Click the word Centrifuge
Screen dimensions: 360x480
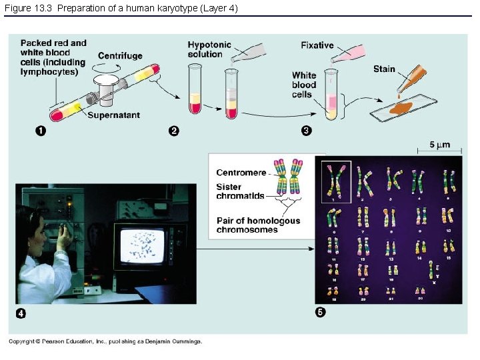120,55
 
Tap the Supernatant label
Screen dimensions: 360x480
113,115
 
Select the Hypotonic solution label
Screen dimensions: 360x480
209,49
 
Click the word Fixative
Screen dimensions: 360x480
317,45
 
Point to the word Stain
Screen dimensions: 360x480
384,69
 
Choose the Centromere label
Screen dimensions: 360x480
241,173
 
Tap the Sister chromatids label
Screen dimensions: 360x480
240,192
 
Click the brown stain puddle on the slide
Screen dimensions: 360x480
402,107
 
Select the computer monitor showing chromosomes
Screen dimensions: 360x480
144,246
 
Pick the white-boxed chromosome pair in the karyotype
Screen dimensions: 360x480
337,181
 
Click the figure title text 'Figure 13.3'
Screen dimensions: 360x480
28,7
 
